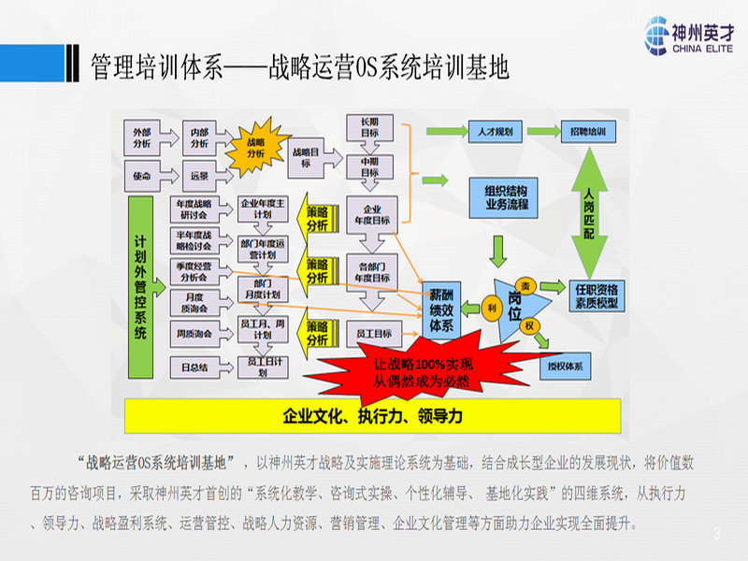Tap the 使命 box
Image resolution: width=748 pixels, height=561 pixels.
pyautogui.click(x=142, y=177)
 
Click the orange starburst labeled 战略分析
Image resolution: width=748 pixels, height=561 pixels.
pyautogui.click(x=255, y=150)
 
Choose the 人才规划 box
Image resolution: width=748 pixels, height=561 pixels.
pyautogui.click(x=488, y=132)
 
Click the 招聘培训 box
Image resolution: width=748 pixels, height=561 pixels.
pyautogui.click(x=588, y=132)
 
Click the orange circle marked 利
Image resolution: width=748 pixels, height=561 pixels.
pyautogui.click(x=492, y=306)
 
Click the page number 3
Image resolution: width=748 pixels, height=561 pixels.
pyautogui.click(x=717, y=534)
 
